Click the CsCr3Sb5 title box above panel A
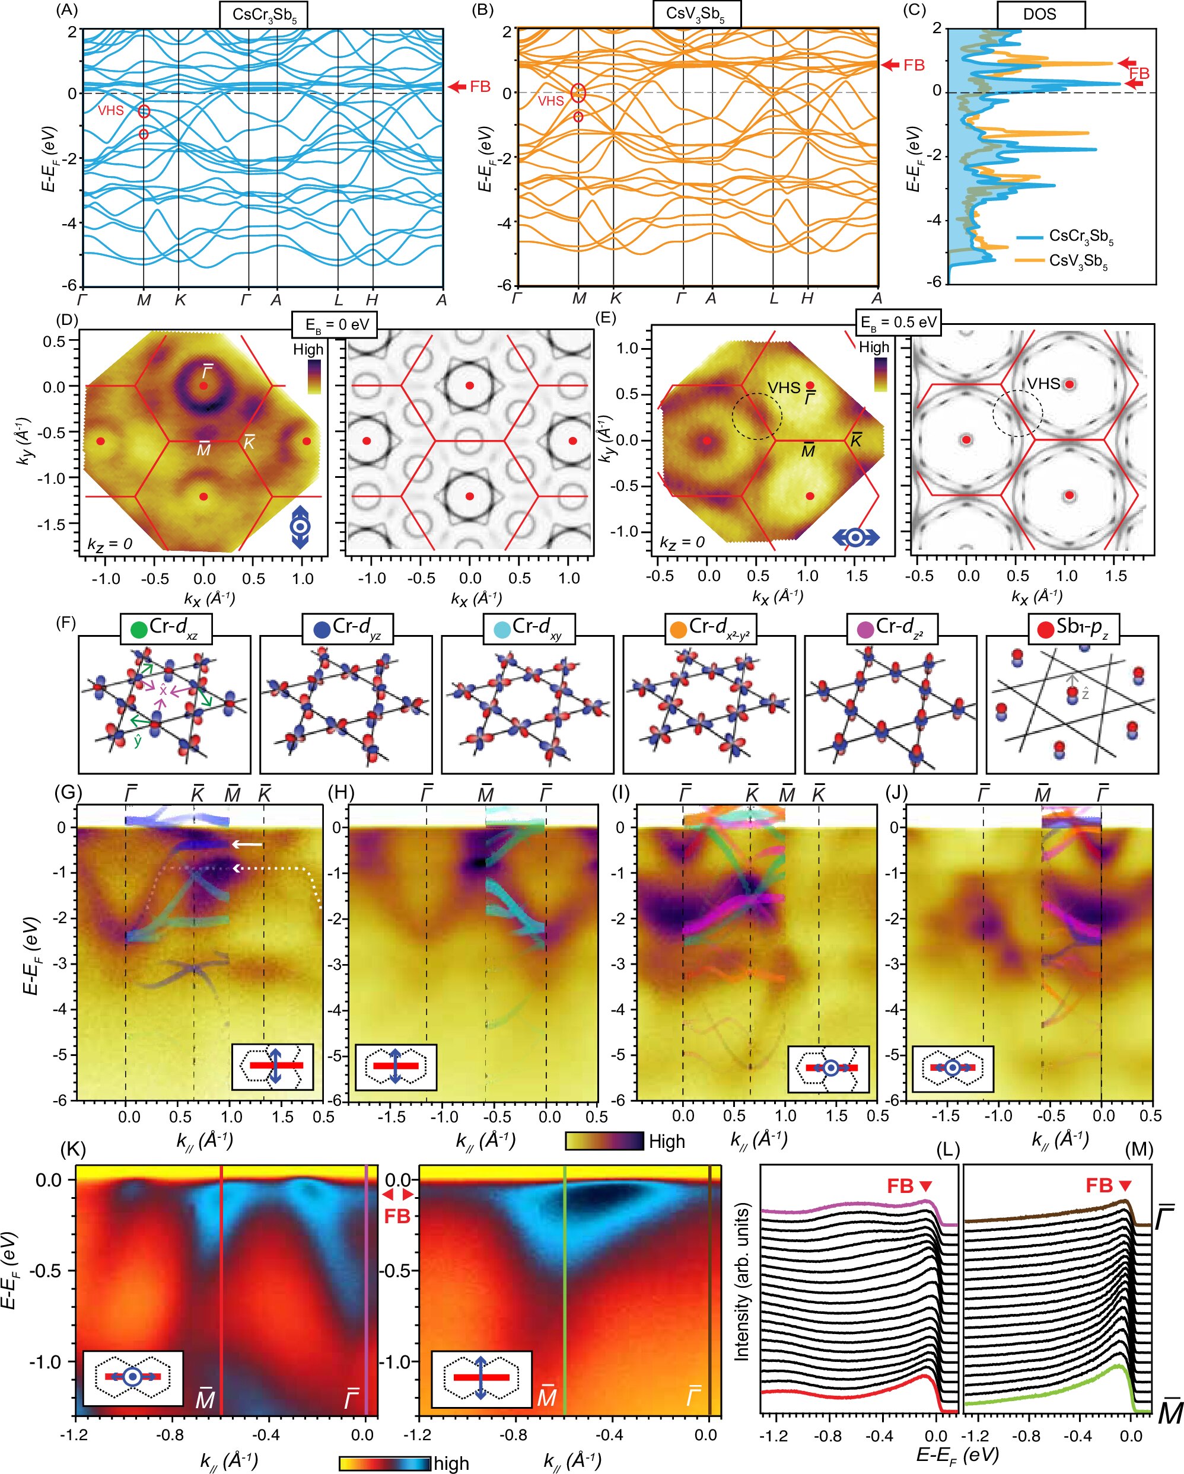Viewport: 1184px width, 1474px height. [x=263, y=14]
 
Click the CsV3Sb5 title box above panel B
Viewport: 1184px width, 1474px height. [x=696, y=14]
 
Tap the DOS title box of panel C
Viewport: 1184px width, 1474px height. [x=1039, y=14]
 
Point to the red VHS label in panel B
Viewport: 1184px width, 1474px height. [x=550, y=101]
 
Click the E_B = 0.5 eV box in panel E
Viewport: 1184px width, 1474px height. [x=898, y=323]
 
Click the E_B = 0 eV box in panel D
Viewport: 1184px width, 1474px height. [x=333, y=324]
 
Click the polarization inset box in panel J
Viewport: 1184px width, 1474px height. [x=952, y=1067]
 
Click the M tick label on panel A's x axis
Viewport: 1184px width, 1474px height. [x=144, y=299]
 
